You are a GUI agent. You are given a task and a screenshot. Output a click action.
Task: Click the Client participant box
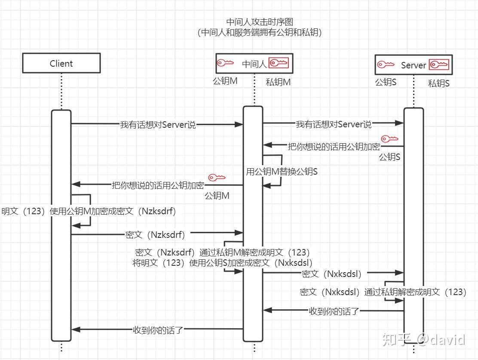[61, 63]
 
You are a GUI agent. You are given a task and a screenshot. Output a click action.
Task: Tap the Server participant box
[413, 65]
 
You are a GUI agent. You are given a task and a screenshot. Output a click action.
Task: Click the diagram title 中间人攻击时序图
[260, 22]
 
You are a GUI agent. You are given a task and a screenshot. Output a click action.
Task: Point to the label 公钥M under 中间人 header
[225, 81]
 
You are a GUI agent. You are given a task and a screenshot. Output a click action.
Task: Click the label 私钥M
[278, 82]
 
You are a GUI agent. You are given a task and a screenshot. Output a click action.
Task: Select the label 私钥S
[439, 83]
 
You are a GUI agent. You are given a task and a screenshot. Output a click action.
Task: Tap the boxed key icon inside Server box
[439, 65]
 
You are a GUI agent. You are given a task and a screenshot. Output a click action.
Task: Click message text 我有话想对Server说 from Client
[158, 125]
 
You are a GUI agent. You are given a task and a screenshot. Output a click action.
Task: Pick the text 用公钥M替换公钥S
[282, 172]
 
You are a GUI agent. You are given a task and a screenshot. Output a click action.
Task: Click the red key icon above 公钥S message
[390, 139]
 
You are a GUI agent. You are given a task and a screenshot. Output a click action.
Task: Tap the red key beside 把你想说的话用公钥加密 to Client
[217, 177]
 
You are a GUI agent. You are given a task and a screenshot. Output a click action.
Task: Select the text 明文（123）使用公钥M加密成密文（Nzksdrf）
[89, 211]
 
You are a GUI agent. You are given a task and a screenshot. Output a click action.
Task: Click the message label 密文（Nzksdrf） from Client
[155, 235]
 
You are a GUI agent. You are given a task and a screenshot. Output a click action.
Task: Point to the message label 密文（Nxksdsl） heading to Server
[331, 274]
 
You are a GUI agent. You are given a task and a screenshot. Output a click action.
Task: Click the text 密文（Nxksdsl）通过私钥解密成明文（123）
[383, 292]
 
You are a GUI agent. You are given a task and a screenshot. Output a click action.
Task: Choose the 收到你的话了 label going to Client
[158, 330]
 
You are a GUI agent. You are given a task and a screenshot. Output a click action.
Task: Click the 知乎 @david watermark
[423, 340]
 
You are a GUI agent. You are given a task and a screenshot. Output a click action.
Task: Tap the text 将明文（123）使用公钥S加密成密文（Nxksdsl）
[223, 262]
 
